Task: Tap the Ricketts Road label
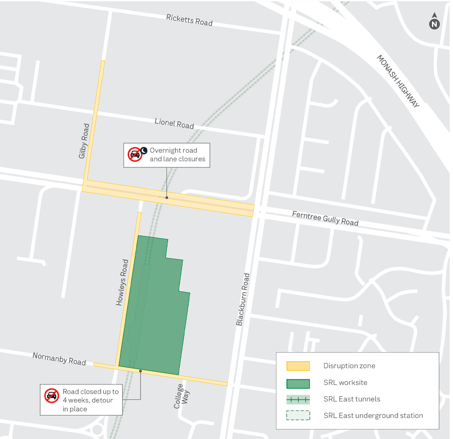pyautogui.click(x=189, y=20)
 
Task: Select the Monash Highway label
pyautogui.click(x=398, y=81)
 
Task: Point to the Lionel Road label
pyautogui.click(x=174, y=123)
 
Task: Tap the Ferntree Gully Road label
pyautogui.click(x=325, y=218)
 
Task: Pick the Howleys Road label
pyautogui.click(x=122, y=283)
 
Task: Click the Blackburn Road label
pyautogui.click(x=243, y=299)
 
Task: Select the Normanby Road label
pyautogui.click(x=59, y=359)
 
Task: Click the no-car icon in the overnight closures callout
pyautogui.click(x=135, y=155)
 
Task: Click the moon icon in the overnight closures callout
pyautogui.click(x=144, y=150)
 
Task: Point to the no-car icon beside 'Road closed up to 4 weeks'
pyautogui.click(x=51, y=396)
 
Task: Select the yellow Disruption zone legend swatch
pyautogui.click(x=298, y=366)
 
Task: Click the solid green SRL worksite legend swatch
pyautogui.click(x=298, y=383)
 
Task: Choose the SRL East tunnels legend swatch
pyautogui.click(x=298, y=399)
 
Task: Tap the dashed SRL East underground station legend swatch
pyautogui.click(x=298, y=416)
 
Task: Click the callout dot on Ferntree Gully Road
pyautogui.click(x=167, y=198)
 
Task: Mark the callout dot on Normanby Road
pyautogui.click(x=140, y=371)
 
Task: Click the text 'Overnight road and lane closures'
pyautogui.click(x=178, y=155)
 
